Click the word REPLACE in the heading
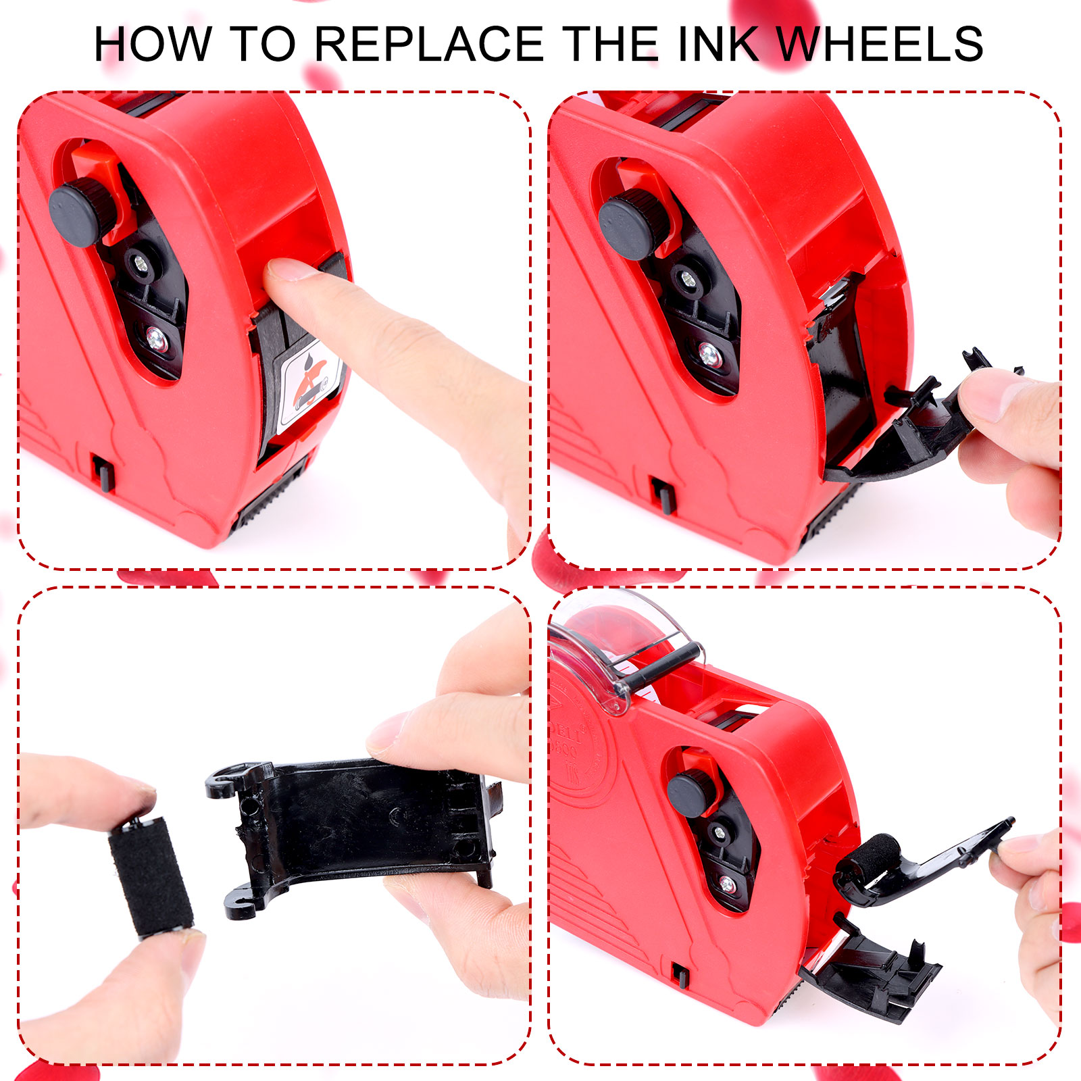point(429,45)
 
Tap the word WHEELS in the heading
point(880,45)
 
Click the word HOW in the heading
point(152,45)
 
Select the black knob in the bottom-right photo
point(693,795)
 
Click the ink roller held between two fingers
point(151,876)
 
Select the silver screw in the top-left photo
point(157,339)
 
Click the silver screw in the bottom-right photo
point(727,883)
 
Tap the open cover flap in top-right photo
point(926,426)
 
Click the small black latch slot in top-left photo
point(103,473)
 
